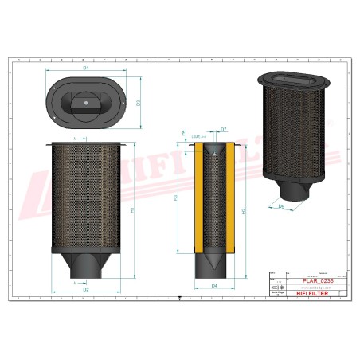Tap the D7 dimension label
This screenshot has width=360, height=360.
[224, 128]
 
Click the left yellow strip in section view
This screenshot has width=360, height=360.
[199, 199]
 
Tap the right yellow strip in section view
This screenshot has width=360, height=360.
[230, 199]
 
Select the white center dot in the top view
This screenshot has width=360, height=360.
[86, 101]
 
